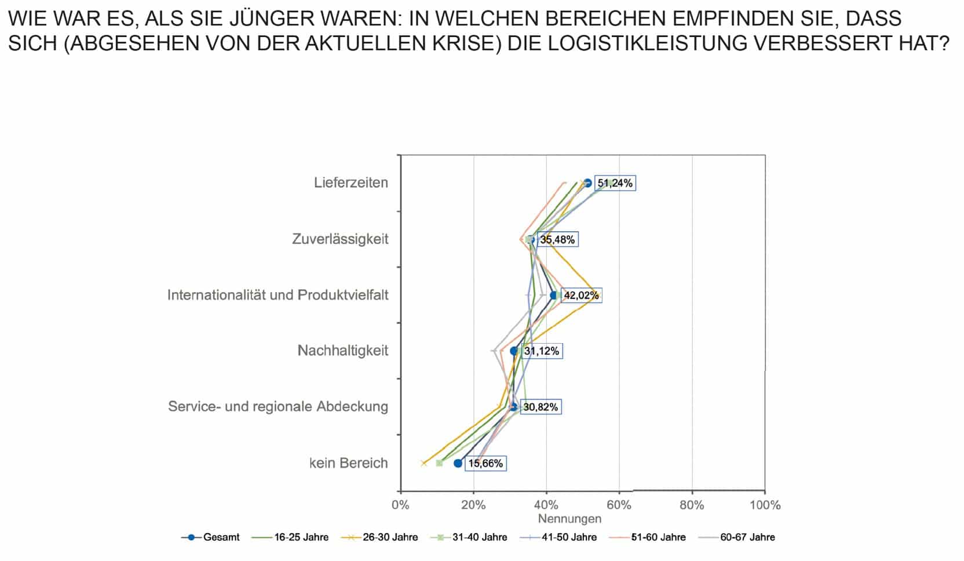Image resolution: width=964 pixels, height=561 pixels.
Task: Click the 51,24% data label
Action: pos(615,183)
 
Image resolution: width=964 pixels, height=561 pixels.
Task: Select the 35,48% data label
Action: pos(557,239)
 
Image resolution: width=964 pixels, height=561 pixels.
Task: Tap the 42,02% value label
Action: pos(581,296)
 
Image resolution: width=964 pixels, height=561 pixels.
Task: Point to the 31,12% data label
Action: pos(542,351)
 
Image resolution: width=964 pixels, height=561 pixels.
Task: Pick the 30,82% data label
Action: pos(541,407)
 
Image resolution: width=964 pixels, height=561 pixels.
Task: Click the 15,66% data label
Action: pos(485,464)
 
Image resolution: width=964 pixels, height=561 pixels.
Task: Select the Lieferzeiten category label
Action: pos(351,183)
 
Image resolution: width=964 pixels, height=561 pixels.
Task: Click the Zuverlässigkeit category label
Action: pos(340,239)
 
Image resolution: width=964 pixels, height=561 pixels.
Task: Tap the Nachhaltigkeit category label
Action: pos(343,351)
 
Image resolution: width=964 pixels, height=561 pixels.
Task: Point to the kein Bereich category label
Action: pos(348,464)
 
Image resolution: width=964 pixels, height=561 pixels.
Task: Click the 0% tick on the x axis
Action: pos(400,505)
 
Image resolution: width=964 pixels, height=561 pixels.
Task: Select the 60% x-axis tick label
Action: pos(619,505)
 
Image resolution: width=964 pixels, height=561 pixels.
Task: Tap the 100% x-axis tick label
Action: pos(765,505)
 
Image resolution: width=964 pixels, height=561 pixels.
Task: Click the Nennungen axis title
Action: pos(569,519)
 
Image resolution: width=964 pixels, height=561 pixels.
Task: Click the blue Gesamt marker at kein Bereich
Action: pos(458,463)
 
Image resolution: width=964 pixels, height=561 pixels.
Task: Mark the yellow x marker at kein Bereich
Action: pos(423,463)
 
